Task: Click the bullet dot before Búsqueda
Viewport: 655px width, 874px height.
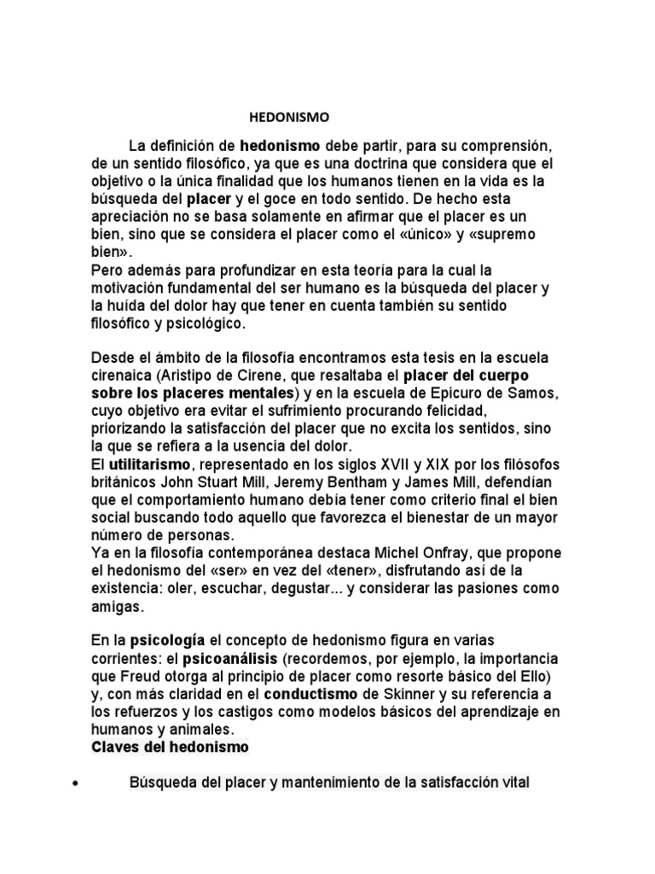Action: click(78, 783)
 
